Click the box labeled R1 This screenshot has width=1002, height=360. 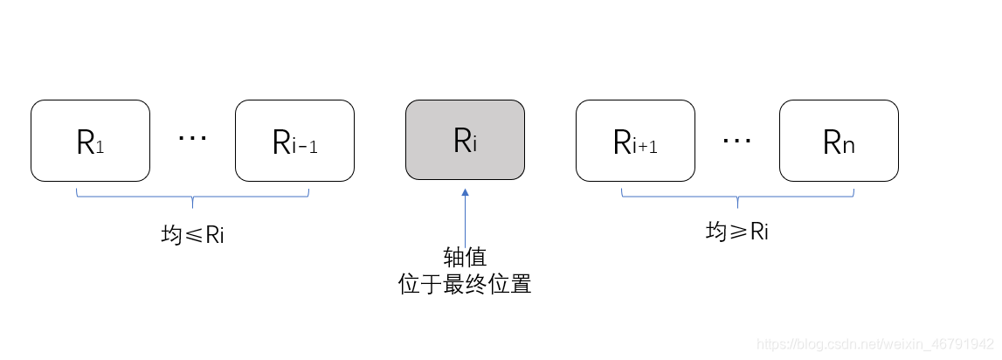coord(90,141)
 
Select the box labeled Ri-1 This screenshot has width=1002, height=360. coord(294,141)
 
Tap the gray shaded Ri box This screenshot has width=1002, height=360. coord(465,141)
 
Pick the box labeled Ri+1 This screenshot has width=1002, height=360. coord(635,141)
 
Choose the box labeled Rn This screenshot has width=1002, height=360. coord(839,141)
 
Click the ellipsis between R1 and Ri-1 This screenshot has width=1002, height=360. coord(192,139)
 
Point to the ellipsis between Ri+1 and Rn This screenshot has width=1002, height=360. coord(737,139)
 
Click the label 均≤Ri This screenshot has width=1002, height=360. coord(193,235)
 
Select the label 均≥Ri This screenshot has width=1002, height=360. coord(737,232)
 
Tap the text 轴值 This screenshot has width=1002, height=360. coord(465,259)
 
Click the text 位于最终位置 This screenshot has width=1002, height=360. coord(465,285)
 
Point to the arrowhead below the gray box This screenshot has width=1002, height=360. coord(465,192)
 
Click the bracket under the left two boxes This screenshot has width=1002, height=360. coord(193,197)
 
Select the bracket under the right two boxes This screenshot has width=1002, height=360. coord(737,197)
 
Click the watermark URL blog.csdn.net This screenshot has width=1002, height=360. coord(874,344)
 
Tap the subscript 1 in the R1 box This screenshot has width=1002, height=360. coord(100,149)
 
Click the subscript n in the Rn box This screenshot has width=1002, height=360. coord(848,146)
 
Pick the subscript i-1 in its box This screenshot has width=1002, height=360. coord(304,147)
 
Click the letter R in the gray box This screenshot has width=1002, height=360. coord(461,140)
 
